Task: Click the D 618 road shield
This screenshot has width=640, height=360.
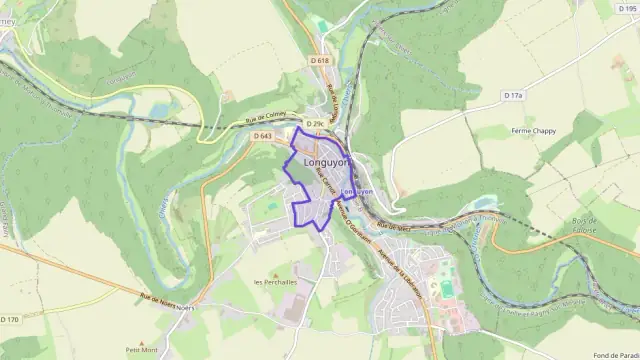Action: [319, 61]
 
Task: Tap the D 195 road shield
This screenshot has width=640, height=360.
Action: [628, 9]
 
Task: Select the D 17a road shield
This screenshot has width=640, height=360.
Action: [513, 95]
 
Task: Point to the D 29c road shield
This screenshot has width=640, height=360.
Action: [315, 123]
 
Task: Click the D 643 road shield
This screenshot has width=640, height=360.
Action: [263, 136]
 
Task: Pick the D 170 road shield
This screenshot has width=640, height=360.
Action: [9, 319]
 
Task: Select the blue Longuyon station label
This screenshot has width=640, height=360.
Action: [357, 190]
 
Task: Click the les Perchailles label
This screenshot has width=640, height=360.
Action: [276, 282]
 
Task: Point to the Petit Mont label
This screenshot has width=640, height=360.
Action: [141, 350]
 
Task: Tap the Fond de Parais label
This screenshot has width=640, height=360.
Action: [614, 353]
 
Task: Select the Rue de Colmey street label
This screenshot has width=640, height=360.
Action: [263, 118]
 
